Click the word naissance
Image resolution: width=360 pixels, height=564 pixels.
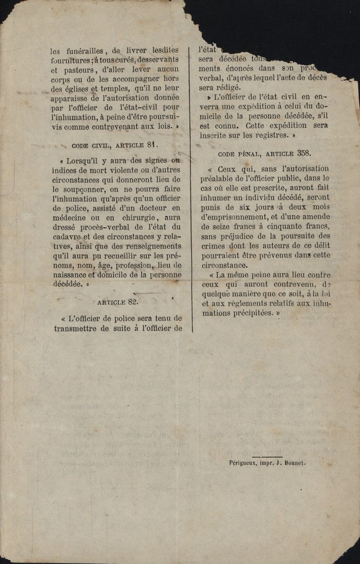click(x=73, y=274)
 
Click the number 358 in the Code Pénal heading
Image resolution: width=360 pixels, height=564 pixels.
click(x=304, y=153)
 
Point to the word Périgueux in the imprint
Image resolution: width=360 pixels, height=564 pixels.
click(x=243, y=463)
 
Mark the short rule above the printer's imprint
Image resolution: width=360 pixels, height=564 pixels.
click(x=267, y=456)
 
